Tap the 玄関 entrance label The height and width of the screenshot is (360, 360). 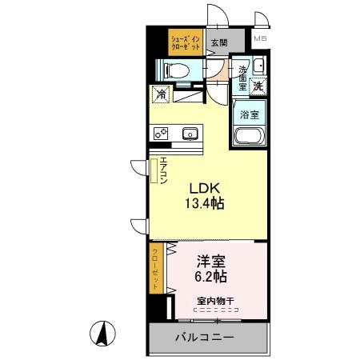217,43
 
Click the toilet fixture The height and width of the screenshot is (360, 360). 177,70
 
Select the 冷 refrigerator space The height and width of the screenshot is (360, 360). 161,94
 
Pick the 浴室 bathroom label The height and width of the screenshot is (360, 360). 250,114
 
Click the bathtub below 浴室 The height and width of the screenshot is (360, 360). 249,136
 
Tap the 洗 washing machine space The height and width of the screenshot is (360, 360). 258,85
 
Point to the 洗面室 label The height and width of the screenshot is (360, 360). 243,77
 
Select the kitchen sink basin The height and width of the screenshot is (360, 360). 190,134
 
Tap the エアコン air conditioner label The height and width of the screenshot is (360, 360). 163,170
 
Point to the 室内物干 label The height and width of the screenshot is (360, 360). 214,301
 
